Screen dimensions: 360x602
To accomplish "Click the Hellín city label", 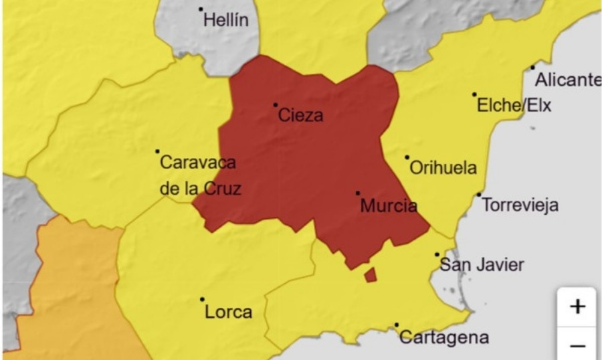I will tap(226, 20).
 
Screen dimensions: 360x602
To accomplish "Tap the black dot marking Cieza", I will tap(275, 104).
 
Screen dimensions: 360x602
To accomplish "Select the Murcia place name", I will tap(389, 205).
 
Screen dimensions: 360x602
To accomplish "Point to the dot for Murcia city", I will tap(358, 193).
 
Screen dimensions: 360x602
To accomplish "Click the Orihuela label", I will tap(443, 167).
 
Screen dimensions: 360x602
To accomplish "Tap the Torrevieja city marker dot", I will tap(479, 195).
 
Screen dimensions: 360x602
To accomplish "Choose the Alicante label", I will tap(568, 80).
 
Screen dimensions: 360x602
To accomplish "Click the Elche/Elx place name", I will tap(514, 105).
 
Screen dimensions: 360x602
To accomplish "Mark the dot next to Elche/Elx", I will tap(474, 94).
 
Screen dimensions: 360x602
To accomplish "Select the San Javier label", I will tap(482, 265).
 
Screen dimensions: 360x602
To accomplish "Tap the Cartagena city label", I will tap(443, 337).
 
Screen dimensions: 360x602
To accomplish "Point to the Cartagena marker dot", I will tap(397, 325).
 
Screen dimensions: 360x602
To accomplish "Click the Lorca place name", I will tap(229, 312).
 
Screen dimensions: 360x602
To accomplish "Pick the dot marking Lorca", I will tap(202, 300).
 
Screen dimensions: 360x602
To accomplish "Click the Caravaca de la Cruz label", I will tap(200, 175).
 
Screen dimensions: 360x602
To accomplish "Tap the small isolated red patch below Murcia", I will tap(370, 274).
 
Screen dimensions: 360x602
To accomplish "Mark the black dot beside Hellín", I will tap(201, 9).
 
